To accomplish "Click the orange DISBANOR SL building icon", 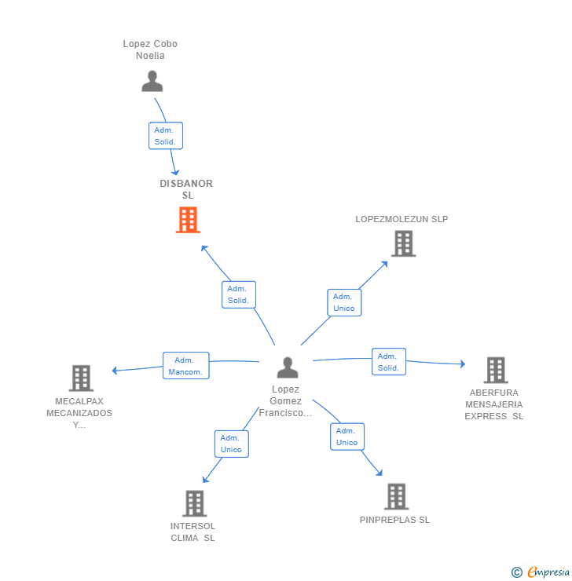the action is point(188,220).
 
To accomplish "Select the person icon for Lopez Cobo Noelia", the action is point(152,81).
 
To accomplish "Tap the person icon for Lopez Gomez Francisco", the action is point(288,367).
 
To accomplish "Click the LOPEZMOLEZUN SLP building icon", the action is point(404,243).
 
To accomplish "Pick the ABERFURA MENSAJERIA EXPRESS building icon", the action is point(496,370).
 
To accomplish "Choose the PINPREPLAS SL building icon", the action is point(396,496).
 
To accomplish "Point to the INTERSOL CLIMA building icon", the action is point(195,503).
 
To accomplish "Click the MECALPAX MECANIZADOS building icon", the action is point(81,378).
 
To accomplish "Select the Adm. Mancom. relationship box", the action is point(186,366).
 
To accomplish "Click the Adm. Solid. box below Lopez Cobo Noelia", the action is point(166,136).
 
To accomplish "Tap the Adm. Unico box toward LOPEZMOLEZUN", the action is point(344,302).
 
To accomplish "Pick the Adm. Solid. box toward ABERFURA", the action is point(389,362).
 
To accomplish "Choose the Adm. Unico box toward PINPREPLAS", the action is point(347,437).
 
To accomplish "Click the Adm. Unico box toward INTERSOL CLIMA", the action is point(232,444).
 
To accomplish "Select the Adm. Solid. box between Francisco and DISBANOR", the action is point(239,294).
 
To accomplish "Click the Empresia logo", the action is point(541,572).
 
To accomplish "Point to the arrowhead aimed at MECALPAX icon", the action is point(115,370).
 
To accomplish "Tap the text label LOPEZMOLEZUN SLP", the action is point(401,219).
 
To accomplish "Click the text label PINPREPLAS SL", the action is point(394,520).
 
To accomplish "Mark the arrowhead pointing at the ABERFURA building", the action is point(463,364).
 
